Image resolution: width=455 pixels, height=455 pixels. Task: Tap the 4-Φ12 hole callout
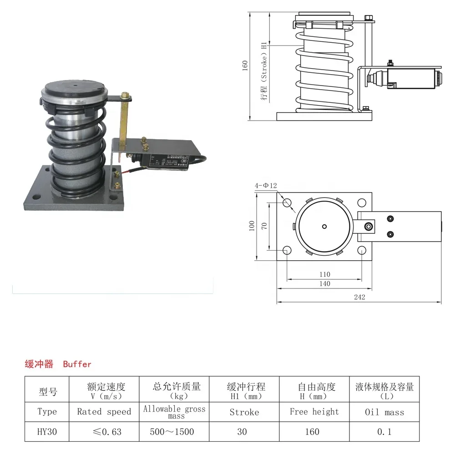pyautogui.click(x=266, y=186)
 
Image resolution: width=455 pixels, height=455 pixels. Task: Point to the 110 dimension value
pyautogui.click(x=324, y=274)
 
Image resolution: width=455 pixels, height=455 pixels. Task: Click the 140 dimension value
pyautogui.click(x=324, y=283)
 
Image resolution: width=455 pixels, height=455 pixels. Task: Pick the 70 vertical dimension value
pyautogui.click(x=264, y=226)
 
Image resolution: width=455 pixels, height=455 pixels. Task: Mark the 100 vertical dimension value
pyautogui.click(x=252, y=226)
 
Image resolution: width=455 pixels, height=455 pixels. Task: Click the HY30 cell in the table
pyautogui.click(x=47, y=431)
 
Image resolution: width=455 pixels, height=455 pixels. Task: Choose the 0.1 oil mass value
pyautogui.click(x=384, y=431)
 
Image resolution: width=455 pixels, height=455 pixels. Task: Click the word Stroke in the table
pyautogui.click(x=244, y=412)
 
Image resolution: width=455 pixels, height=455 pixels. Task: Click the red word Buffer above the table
pyautogui.click(x=77, y=364)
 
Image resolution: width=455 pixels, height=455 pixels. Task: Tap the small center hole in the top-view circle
pyautogui.click(x=324, y=226)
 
